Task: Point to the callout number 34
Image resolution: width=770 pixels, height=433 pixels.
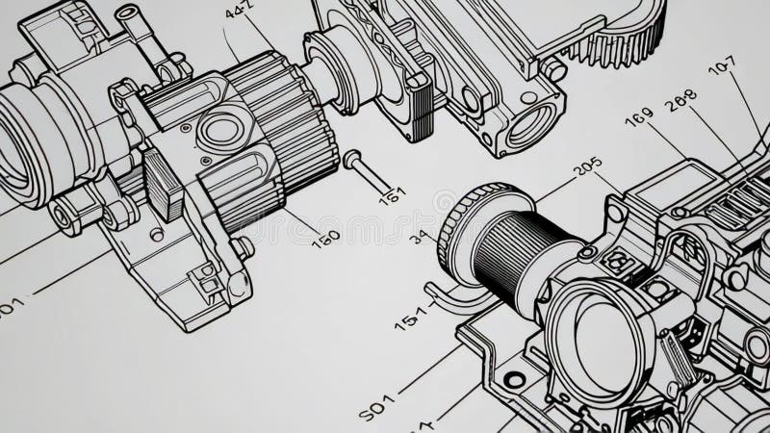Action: tap(421, 236)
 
